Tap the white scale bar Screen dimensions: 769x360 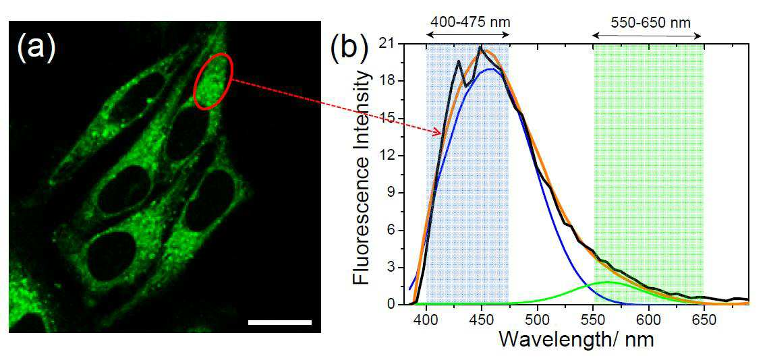279,322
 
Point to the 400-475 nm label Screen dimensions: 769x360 463,22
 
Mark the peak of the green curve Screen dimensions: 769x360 608,282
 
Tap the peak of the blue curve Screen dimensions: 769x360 490,69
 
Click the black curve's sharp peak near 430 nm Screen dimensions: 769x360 459,61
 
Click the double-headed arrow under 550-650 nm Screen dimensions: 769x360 648,35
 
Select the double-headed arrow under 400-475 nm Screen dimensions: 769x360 468,35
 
